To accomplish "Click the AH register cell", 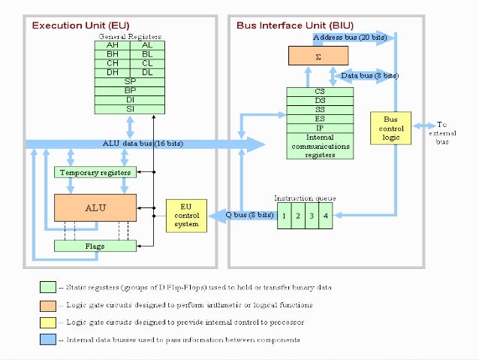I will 112,46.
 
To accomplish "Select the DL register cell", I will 147,72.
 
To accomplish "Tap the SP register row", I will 130,81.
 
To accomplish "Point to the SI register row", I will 130,108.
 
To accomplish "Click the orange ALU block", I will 95,207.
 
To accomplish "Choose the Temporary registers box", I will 95,172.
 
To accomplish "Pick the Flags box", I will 95,246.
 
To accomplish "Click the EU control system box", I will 186,216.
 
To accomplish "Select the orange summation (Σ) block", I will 319,56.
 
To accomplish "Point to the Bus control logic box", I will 390,130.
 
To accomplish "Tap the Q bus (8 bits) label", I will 250,215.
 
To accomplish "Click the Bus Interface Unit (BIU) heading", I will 288,26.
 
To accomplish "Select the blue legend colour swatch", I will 47,340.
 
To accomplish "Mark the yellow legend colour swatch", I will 47,322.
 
